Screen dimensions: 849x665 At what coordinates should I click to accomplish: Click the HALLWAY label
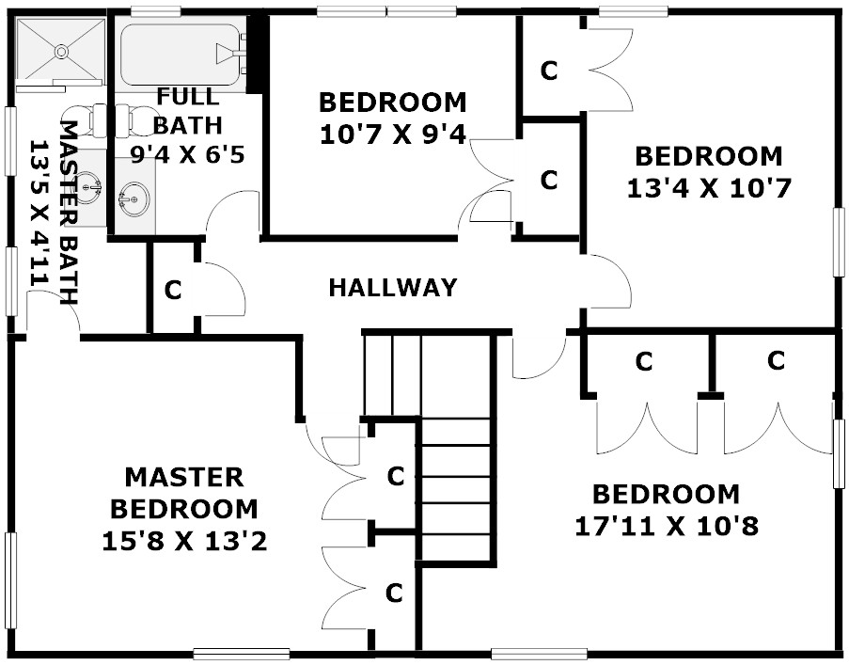point(393,288)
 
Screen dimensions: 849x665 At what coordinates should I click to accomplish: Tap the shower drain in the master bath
point(61,52)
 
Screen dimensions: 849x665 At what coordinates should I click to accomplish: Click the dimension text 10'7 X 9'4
point(393,135)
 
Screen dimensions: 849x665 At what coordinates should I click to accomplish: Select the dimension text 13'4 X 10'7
point(709,189)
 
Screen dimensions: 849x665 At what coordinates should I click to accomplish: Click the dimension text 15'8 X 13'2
point(185,542)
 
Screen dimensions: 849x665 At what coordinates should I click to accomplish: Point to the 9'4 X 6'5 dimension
point(187,155)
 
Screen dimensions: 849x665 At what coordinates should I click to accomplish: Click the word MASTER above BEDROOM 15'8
point(184,477)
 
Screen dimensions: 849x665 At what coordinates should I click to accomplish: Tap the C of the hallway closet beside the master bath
point(173,291)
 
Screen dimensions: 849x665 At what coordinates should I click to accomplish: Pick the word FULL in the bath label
point(188,96)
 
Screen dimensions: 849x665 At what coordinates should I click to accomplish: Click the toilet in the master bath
point(85,119)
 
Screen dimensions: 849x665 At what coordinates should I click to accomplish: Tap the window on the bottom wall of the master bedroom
point(241,654)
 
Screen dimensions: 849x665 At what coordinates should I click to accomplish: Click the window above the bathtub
point(155,10)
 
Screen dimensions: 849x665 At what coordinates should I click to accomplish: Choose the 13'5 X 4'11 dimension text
point(39,213)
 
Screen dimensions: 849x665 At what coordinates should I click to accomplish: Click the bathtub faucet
point(230,54)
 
